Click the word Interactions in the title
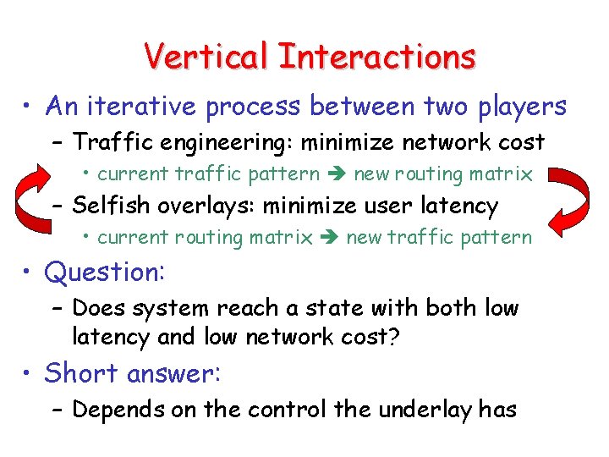pos(376,57)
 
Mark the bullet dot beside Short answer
pos(27,373)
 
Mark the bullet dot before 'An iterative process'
pos(27,107)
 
